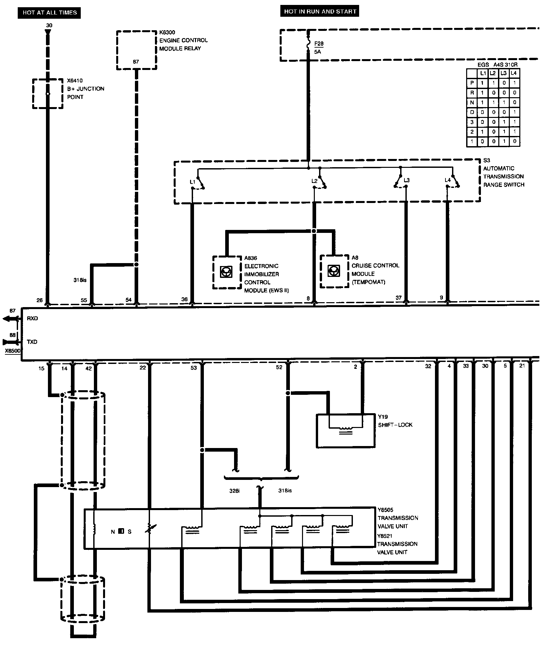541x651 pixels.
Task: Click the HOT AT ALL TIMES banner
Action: click(50, 13)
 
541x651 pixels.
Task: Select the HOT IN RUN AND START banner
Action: click(320, 12)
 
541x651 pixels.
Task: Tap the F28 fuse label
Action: click(319, 44)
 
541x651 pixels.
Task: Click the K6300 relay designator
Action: click(167, 33)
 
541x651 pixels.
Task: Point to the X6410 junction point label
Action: click(75, 81)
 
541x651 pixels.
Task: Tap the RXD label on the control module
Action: click(32, 319)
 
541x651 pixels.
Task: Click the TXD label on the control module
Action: click(32, 342)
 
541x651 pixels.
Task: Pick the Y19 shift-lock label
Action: click(383, 417)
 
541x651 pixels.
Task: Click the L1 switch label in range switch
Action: click(192, 181)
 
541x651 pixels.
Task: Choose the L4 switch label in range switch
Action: click(447, 180)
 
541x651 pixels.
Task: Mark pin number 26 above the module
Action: click(40, 300)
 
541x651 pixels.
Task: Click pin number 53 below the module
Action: click(194, 368)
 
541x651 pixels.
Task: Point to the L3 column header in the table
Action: click(504, 73)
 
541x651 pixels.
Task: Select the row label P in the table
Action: click(472, 83)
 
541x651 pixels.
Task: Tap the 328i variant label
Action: click(234, 491)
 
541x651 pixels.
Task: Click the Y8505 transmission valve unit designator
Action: click(385, 510)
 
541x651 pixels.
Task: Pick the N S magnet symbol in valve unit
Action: click(121, 531)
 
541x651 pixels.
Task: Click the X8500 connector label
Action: click(12, 351)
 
